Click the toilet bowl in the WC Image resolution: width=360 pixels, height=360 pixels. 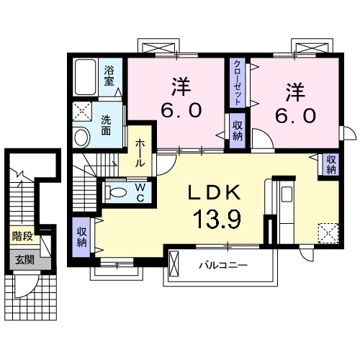115,192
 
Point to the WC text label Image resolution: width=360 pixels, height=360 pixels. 140,192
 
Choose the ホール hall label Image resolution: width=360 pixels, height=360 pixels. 140,152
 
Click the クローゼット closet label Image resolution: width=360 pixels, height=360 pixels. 237,83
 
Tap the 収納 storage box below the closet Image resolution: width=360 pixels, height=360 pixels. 237,130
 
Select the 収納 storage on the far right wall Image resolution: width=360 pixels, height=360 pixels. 330,165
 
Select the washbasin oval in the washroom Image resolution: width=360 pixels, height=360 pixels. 81,135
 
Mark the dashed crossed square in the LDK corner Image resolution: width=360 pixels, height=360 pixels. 328,231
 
